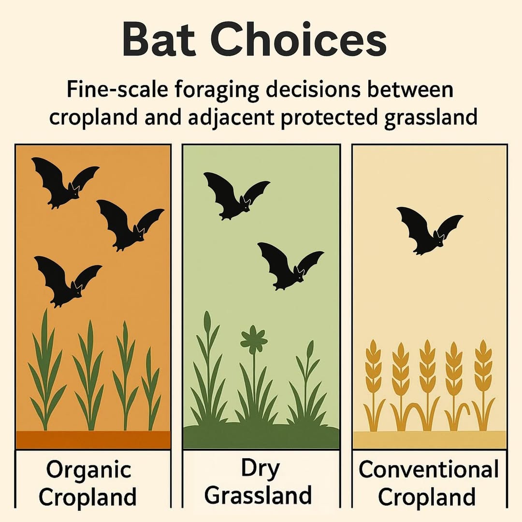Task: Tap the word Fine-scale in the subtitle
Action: (x=117, y=89)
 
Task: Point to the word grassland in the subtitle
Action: (x=431, y=118)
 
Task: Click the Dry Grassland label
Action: (x=258, y=482)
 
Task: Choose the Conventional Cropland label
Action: (x=428, y=483)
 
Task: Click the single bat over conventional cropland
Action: (x=429, y=230)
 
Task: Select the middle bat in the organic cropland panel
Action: (x=130, y=225)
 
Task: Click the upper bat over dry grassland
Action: (x=236, y=196)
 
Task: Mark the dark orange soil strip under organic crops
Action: (x=93, y=439)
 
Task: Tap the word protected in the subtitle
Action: (x=329, y=118)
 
